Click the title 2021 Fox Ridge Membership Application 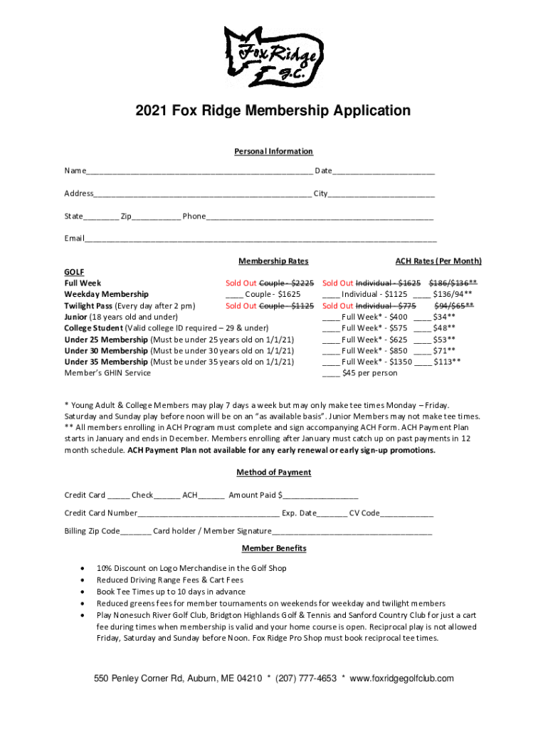274,111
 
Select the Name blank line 199,172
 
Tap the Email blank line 260,238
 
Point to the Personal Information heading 274,152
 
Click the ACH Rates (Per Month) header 438,261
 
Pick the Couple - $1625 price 273,294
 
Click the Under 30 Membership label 106,351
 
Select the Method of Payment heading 274,473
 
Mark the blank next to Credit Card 119,496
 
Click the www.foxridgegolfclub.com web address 401,679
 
